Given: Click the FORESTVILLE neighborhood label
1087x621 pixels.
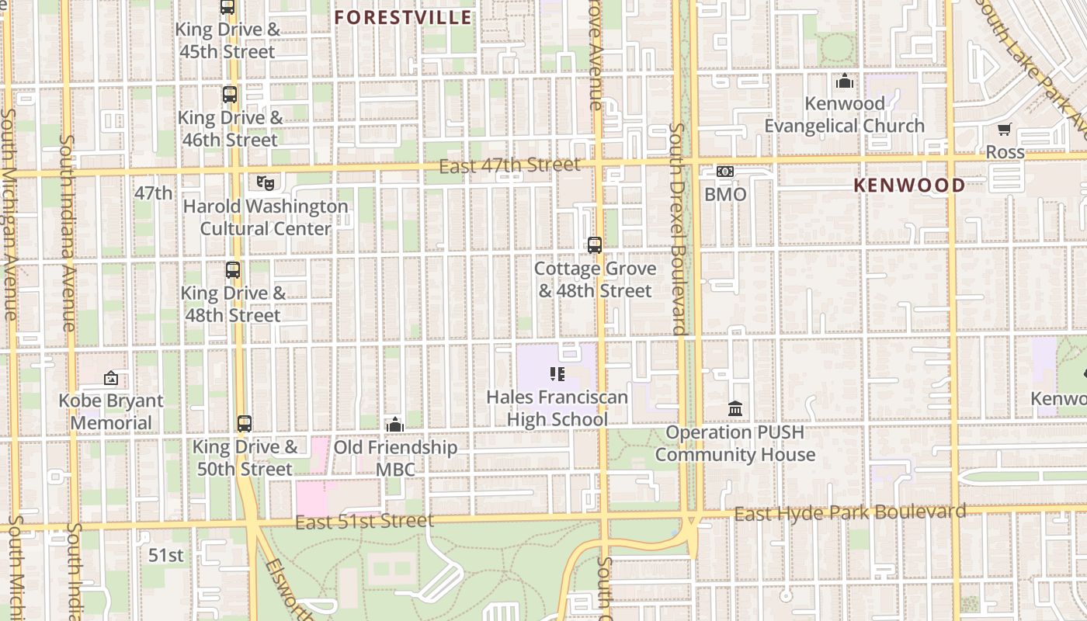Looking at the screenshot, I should click(x=403, y=17).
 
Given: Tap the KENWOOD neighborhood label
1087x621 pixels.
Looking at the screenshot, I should click(x=909, y=185).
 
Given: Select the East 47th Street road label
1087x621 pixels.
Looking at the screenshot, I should click(x=509, y=165).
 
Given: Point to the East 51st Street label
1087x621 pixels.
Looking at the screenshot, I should click(x=364, y=521).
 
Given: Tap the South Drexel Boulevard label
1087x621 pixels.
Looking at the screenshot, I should click(x=678, y=229).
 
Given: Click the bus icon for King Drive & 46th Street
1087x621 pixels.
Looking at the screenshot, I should click(x=230, y=95).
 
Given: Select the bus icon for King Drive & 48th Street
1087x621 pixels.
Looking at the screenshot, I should click(x=233, y=270).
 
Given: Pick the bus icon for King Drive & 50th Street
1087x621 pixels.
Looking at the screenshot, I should click(x=245, y=424).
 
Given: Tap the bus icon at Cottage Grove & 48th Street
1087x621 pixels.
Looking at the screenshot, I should click(x=595, y=245).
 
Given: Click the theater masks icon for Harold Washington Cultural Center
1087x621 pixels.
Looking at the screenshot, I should click(x=266, y=183).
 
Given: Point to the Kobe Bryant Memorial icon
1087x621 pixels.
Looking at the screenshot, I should click(x=111, y=379).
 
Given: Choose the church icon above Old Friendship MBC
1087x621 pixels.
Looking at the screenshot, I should click(x=395, y=425).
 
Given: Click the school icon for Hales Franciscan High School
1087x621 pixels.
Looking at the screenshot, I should click(x=557, y=374).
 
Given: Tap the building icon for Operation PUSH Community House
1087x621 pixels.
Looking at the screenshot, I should click(x=735, y=408).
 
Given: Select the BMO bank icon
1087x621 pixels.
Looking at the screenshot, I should click(x=725, y=172).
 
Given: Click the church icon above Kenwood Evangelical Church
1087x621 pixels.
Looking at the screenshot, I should click(x=845, y=81).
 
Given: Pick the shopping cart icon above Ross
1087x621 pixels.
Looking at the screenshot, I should click(x=1005, y=130).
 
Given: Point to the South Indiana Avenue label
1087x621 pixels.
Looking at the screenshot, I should click(x=68, y=233).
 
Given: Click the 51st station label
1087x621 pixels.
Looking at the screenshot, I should click(x=165, y=555).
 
